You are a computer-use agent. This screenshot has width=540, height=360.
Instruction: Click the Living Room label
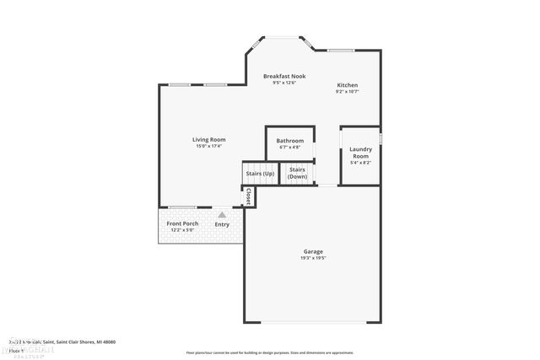pyautogui.click(x=208, y=140)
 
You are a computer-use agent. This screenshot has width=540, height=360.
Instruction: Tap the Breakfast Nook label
pyautogui.click(x=283, y=76)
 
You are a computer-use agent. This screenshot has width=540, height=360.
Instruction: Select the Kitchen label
pyautogui.click(x=348, y=85)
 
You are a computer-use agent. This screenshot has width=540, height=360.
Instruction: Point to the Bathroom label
pyautogui.click(x=289, y=141)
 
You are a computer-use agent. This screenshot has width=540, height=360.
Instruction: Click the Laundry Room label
pyautogui.click(x=360, y=153)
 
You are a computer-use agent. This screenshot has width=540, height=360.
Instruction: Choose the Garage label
pyautogui.click(x=313, y=251)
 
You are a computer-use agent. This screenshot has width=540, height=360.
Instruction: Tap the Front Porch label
pyautogui.click(x=182, y=223)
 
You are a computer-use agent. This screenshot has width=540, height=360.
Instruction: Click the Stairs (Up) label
pyautogui.click(x=260, y=174)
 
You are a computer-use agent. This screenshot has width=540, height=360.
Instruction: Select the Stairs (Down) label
pyautogui.click(x=297, y=173)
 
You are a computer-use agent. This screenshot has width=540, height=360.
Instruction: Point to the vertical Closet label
pyautogui.click(x=248, y=196)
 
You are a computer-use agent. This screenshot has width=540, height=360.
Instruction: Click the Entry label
pyautogui.click(x=222, y=224)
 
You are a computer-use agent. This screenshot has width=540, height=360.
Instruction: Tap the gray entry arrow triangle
pyautogui.click(x=222, y=215)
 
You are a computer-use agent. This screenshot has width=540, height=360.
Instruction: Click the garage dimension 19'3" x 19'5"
pyautogui.click(x=313, y=258)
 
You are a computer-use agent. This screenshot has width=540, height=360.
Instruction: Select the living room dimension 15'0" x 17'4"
pyautogui.click(x=208, y=147)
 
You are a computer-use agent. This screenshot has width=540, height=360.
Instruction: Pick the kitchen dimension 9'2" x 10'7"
pyautogui.click(x=348, y=92)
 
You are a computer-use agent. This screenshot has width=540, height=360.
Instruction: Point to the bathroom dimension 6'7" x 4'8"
pyautogui.click(x=289, y=148)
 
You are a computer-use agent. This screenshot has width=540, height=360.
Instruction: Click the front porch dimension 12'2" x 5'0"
pyautogui.click(x=182, y=230)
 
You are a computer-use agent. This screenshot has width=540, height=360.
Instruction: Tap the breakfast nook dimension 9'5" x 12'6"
pyautogui.click(x=283, y=83)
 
